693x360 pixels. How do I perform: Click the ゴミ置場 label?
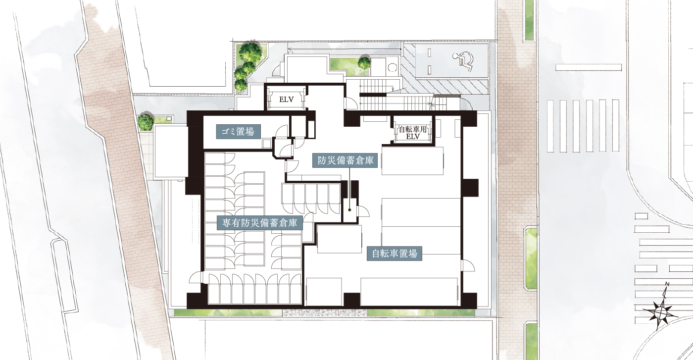(238, 132)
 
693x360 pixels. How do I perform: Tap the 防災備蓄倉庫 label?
(345, 160)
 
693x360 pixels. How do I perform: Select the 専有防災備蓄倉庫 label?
(259, 223)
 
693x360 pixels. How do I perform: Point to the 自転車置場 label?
(395, 254)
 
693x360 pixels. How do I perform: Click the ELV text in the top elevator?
(286, 100)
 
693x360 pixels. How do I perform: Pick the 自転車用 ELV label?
(413, 133)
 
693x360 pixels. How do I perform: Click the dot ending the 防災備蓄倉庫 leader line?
(349, 210)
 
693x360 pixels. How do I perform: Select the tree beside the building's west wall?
(146, 122)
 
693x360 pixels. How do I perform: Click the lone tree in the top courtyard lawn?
(364, 63)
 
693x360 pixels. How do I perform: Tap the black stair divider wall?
(373, 94)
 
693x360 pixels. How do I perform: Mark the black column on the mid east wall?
(470, 188)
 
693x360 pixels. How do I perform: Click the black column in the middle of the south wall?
(352, 300)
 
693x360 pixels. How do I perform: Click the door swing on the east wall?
(468, 266)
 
